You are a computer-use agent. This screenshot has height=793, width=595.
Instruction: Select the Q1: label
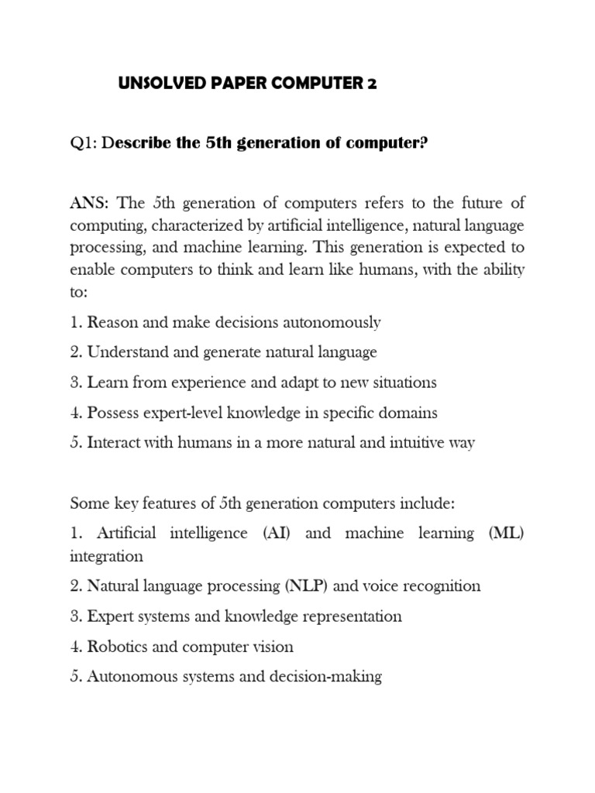83,144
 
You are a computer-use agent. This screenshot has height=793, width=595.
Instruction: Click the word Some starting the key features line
88,503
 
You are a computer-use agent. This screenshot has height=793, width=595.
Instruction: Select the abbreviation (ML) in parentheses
507,534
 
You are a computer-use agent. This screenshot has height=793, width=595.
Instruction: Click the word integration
106,556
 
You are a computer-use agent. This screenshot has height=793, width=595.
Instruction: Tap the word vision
272,646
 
